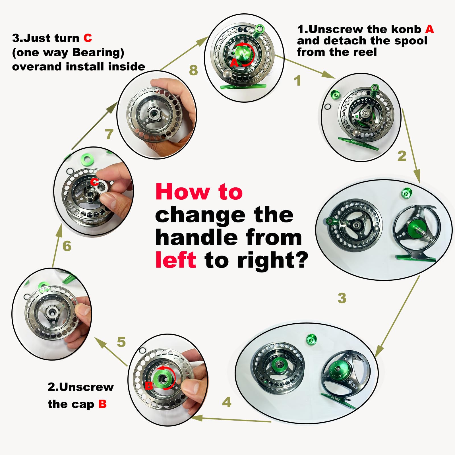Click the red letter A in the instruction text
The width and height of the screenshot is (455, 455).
click(429, 29)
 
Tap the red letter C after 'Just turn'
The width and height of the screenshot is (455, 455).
click(88, 38)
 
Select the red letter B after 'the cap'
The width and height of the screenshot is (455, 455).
click(102, 404)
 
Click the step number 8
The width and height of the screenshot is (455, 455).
click(193, 70)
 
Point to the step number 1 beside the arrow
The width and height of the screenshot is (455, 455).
click(297, 80)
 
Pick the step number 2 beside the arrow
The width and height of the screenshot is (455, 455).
click(402, 156)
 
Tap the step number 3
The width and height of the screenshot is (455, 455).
click(342, 298)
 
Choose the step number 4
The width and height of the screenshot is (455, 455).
click(227, 402)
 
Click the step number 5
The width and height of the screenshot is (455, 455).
click(121, 342)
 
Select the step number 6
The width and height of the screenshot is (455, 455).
click(67, 246)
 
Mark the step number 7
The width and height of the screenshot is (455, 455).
click(109, 134)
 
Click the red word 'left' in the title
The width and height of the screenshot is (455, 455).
click(176, 260)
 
